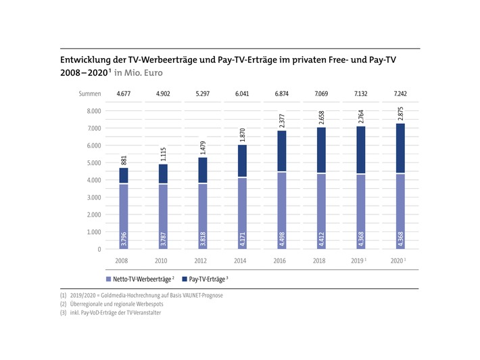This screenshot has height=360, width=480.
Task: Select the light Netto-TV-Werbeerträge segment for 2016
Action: tap(282, 210)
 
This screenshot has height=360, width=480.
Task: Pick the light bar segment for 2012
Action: tap(202, 217)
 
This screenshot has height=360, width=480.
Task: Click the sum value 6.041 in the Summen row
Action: tap(241, 93)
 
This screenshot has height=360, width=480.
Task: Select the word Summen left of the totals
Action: tap(89, 93)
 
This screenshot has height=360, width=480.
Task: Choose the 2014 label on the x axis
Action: tap(241, 260)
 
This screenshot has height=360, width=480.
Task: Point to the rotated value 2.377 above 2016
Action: tap(282, 119)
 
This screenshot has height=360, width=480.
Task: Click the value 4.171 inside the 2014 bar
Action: tap(242, 238)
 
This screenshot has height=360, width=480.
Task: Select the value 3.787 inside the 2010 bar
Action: tap(162, 238)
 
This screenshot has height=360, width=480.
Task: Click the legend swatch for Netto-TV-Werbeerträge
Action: tap(108, 278)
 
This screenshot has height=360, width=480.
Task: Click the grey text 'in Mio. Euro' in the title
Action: tap(139, 72)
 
